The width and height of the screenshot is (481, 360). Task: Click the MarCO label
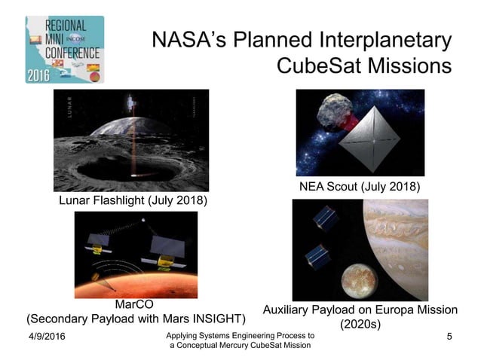pyautogui.click(x=136, y=304)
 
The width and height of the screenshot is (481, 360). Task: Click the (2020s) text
pyautogui.click(x=360, y=324)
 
